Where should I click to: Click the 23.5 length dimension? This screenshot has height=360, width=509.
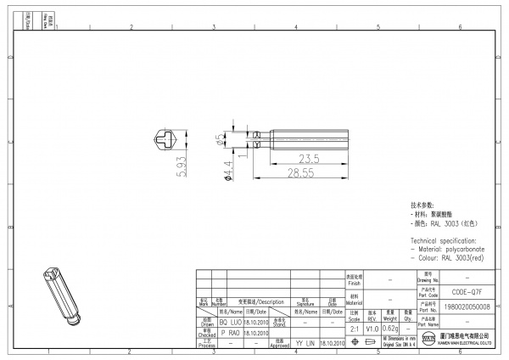(307, 158)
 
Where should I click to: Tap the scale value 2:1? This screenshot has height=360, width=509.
(354, 329)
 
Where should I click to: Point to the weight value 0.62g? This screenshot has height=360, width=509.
(390, 329)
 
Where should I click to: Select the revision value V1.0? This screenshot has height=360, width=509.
(372, 329)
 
